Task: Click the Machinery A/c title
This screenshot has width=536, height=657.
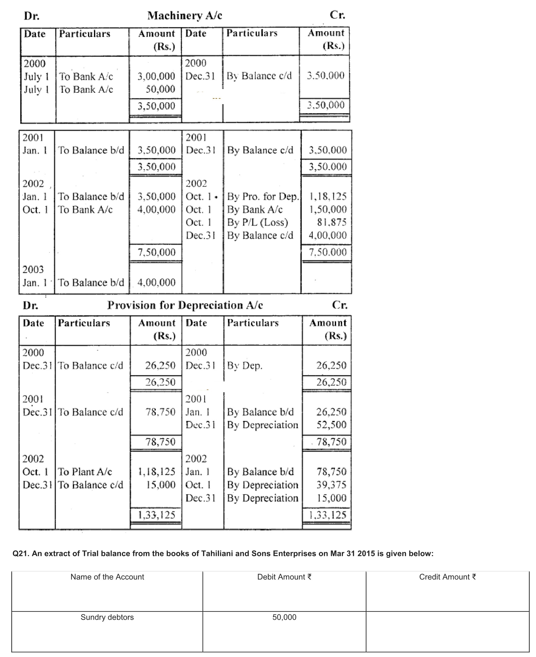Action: (x=185, y=15)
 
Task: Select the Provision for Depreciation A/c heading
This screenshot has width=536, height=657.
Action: (x=185, y=305)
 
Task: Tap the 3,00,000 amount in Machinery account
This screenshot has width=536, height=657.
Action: (x=156, y=76)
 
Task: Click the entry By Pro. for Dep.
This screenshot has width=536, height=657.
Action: (x=263, y=197)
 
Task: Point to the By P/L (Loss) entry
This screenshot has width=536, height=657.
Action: (x=258, y=222)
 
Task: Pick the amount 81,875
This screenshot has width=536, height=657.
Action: (x=332, y=222)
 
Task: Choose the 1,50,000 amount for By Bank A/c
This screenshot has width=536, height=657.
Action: (x=328, y=210)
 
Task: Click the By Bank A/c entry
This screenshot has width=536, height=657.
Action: (x=255, y=210)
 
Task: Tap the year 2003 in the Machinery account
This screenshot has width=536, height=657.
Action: (x=33, y=269)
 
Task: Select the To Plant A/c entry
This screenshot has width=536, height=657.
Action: (x=85, y=472)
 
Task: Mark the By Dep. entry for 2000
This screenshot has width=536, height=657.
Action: (x=245, y=366)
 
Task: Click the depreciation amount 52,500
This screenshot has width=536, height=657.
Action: (x=332, y=425)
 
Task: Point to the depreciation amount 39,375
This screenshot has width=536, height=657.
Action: (x=332, y=485)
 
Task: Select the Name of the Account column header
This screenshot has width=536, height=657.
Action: (x=107, y=577)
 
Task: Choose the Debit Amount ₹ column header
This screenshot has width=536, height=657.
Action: (x=284, y=577)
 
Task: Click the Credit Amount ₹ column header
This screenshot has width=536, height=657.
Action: (x=447, y=577)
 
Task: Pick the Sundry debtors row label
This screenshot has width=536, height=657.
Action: (x=107, y=617)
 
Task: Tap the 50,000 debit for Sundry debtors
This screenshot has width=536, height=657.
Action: (x=284, y=617)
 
